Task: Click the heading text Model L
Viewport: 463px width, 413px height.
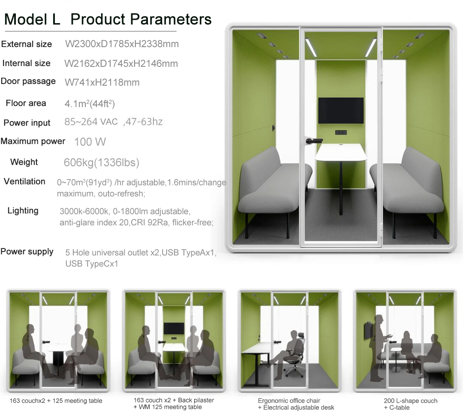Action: (32, 20)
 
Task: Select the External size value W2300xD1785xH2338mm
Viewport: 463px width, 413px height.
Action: (122, 44)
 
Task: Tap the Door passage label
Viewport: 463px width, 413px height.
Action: (28, 81)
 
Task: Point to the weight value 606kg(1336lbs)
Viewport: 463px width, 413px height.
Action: (101, 162)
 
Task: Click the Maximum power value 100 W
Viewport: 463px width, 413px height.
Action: (90, 142)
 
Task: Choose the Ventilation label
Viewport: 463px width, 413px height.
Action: (24, 181)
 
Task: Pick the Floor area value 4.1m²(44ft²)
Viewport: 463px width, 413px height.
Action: (90, 104)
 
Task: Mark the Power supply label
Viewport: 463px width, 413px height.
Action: (27, 251)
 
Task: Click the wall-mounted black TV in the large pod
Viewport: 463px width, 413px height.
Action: (341, 111)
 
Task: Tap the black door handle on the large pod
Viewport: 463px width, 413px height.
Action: (314, 141)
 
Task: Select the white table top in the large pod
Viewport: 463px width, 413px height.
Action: (341, 152)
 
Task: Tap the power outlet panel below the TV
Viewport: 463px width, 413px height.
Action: (341, 132)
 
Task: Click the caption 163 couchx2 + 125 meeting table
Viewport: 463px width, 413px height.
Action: (56, 401)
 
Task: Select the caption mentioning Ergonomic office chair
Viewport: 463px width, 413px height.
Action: (296, 404)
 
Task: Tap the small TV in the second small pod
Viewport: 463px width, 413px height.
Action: (174, 328)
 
